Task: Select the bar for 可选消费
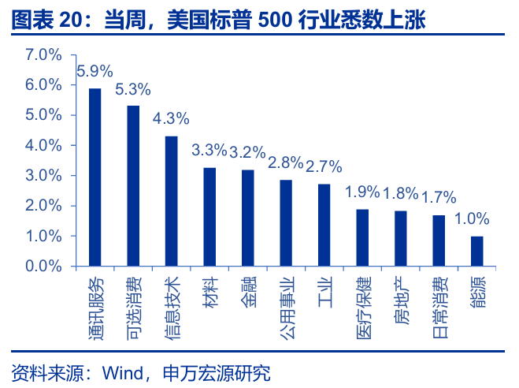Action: [x=133, y=186]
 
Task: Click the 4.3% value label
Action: [x=171, y=119]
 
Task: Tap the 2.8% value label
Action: [x=286, y=163]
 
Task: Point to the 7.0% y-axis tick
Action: [x=43, y=54]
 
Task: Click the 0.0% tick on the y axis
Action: [x=43, y=267]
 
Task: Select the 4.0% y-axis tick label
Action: [x=43, y=145]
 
